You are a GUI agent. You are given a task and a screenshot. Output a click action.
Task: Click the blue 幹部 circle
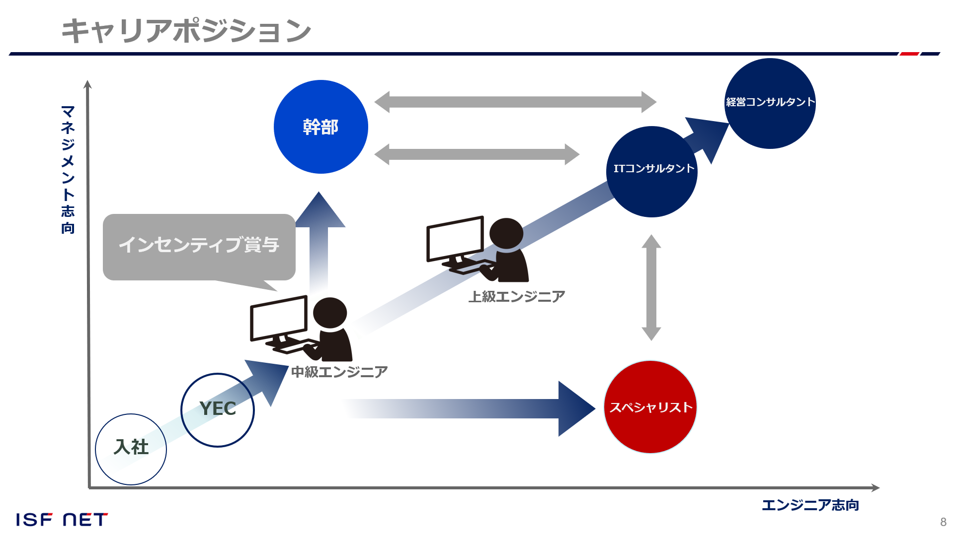(320, 127)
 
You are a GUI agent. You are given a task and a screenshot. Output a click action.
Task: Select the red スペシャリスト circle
(650, 407)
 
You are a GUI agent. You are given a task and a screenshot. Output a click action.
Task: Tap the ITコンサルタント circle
(652, 172)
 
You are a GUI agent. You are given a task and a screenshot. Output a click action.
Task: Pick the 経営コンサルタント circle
(770, 103)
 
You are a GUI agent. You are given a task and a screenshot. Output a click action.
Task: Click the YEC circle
(218, 410)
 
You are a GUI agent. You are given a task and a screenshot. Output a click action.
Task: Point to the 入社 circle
(131, 449)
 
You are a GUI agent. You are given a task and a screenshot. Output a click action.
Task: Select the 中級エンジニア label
(339, 372)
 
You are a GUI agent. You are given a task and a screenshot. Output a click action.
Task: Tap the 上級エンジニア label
(517, 296)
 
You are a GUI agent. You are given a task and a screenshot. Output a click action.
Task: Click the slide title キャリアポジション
(186, 30)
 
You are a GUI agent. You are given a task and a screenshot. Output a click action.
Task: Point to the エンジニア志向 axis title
(810, 505)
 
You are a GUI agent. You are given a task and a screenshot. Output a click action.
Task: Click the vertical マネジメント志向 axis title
(68, 169)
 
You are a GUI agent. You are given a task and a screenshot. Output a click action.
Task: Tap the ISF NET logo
(62, 520)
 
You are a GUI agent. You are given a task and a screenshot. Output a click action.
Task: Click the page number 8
(943, 522)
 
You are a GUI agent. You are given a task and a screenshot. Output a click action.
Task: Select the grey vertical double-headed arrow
(651, 287)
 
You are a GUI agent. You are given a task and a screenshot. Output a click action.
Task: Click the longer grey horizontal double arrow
(515, 102)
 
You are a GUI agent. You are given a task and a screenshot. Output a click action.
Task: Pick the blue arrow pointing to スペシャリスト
(470, 408)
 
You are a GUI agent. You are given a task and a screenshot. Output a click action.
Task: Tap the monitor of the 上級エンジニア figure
(455, 239)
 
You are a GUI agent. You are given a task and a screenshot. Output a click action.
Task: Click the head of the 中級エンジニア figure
(330, 313)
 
